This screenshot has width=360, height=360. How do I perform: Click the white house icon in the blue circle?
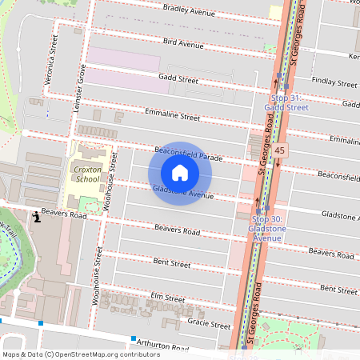coord(180,173)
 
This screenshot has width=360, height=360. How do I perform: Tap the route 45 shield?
coord(278,150)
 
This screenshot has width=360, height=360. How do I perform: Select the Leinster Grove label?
coord(81,86)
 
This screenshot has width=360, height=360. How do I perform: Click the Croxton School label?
coord(86,174)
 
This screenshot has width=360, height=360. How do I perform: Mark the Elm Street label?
coord(168,298)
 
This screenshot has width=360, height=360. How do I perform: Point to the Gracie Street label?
coord(209,324)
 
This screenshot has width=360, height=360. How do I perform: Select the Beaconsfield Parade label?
coord(188,154)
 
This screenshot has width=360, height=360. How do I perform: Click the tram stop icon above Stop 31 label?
coord(279,77)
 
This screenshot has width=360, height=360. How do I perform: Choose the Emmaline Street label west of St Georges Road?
coord(173,116)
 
